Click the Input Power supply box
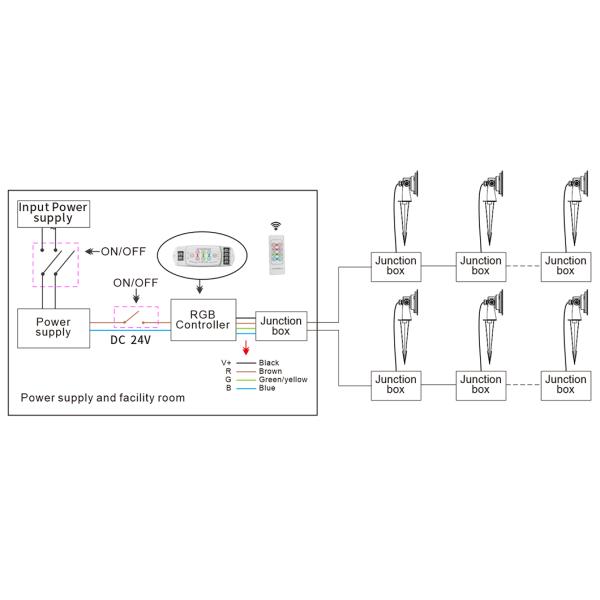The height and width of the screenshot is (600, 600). pyautogui.click(x=54, y=212)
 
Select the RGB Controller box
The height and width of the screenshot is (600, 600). pyautogui.click(x=202, y=319)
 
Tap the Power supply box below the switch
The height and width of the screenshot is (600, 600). pyautogui.click(x=53, y=326)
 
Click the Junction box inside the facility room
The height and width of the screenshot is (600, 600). pyautogui.click(x=281, y=325)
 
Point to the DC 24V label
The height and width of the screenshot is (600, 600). pyautogui.click(x=131, y=339)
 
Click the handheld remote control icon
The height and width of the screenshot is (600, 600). pyautogui.click(x=277, y=247)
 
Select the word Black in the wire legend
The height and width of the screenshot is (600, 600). pyautogui.click(x=269, y=361)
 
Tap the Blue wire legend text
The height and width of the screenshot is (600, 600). pyautogui.click(x=267, y=388)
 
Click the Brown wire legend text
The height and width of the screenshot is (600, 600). pyautogui.click(x=270, y=370)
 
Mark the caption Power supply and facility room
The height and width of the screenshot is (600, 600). pyautogui.click(x=103, y=397)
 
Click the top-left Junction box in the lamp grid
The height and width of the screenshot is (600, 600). pyautogui.click(x=395, y=266)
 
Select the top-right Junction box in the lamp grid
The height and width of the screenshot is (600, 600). pyautogui.click(x=565, y=266)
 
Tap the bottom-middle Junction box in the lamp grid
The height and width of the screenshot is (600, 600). pyautogui.click(x=480, y=385)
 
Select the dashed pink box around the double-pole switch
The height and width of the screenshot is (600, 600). pyautogui.click(x=56, y=263)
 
